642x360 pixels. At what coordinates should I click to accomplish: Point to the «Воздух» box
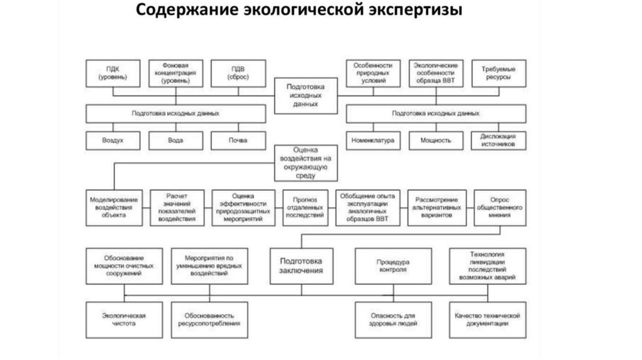pos(113,140)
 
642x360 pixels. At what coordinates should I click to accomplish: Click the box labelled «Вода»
pos(176,140)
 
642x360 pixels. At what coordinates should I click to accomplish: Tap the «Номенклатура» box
pos(373,140)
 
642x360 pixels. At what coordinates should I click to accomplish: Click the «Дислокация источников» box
pos(499,140)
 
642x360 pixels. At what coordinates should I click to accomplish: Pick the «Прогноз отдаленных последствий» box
pos(305,206)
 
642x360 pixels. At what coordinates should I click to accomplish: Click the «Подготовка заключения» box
pos(301,266)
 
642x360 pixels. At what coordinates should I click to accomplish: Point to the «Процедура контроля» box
pos(392,266)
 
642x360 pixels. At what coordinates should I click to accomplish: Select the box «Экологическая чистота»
pos(124,319)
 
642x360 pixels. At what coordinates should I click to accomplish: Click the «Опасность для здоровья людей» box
pos(392,319)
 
